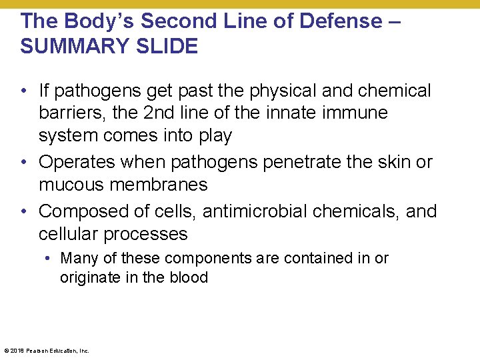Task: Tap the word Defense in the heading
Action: (339, 21)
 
